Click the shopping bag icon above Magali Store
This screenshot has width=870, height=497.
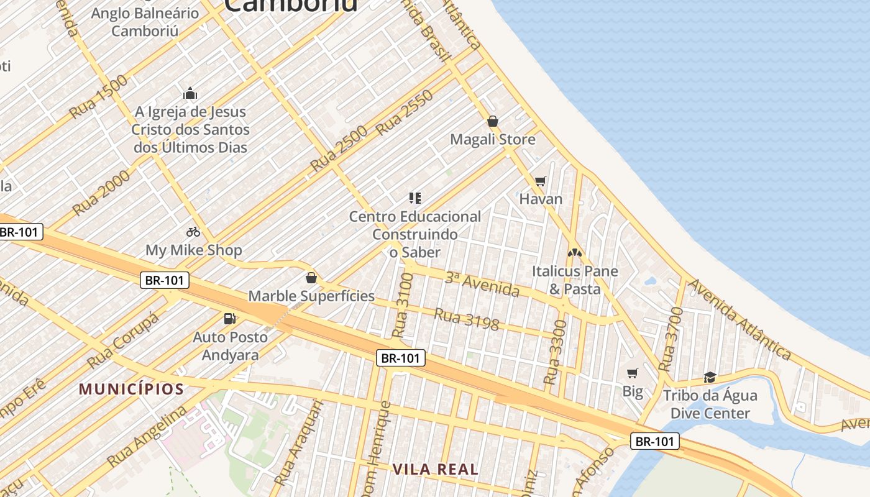493,121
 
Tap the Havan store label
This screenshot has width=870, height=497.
541,199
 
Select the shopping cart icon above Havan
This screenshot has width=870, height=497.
540,181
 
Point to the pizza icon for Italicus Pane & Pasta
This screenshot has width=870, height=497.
575,253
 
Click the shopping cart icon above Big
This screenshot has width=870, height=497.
633,373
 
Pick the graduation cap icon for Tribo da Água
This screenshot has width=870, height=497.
710,376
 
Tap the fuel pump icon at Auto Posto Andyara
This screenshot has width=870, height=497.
230,319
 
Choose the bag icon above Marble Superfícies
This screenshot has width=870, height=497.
311,278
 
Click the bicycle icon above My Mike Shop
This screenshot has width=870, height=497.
193,232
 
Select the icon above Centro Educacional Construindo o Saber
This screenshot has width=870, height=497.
415,198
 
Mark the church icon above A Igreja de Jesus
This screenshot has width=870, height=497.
190,94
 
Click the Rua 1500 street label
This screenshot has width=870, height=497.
98,96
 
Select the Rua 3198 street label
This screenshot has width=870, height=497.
467,319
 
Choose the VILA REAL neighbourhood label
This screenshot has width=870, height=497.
436,469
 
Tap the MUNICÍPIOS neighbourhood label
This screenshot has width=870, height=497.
131,390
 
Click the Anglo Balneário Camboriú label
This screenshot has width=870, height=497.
145,22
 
